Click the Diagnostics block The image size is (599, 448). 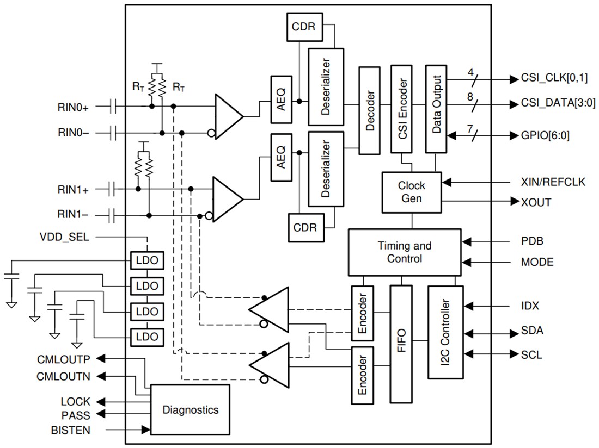[190, 409]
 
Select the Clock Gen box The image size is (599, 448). [411, 192]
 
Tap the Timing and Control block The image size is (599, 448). [404, 252]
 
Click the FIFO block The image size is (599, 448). [402, 344]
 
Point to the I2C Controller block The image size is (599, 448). [445, 332]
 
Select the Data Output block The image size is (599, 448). [436, 109]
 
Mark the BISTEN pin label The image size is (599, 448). [71, 430]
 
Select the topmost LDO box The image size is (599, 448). [146, 260]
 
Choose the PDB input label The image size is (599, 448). [532, 241]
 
